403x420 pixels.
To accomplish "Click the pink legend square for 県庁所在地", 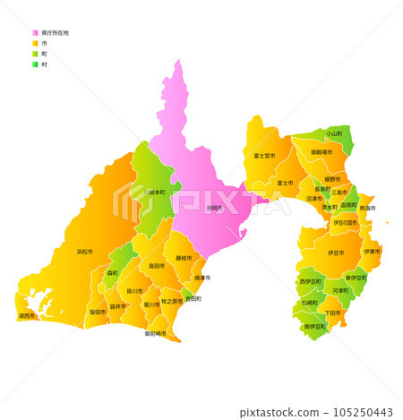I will pos(35,32).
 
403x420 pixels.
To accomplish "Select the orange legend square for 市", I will pos(35,43).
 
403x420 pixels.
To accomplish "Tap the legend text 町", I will pos(44,54).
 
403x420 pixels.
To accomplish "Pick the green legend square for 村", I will pos(35,64).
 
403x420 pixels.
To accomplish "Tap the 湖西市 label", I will pos(27,315).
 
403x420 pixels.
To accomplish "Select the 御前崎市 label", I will pos(156,333).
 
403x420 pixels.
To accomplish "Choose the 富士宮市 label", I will pos(264,155).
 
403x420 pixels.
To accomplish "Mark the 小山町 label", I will pos(333,133).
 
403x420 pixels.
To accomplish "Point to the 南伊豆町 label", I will pos(314,326).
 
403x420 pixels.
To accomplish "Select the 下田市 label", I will pos(332,313).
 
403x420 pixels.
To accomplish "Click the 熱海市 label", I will pos(367,208).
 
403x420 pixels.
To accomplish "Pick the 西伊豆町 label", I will pos(310,281).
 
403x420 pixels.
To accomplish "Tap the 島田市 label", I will pos(156,266).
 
